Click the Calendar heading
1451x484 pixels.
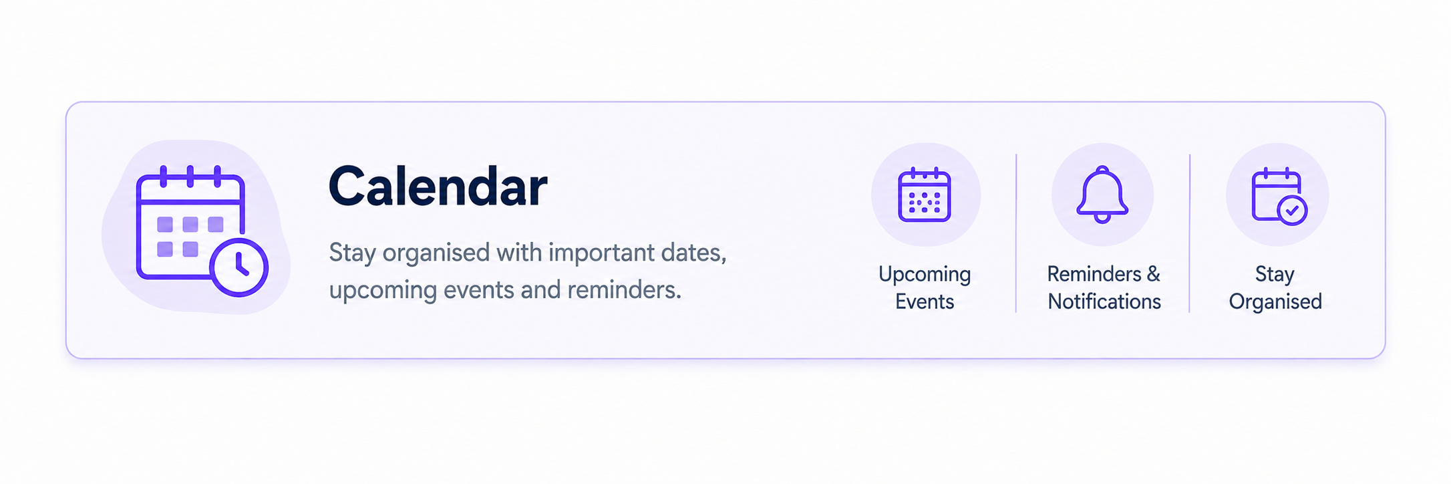[x=438, y=187]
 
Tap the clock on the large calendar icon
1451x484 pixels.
[x=239, y=267]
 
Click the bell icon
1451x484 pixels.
[x=1102, y=195]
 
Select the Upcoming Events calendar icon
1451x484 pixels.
[x=925, y=195]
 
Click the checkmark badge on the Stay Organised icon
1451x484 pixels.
[x=1292, y=211]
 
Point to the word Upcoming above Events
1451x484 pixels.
[x=925, y=275]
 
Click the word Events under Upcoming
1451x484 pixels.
[x=925, y=301]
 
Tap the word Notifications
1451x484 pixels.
[x=1104, y=301]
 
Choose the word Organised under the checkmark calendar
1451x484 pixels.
[x=1275, y=302]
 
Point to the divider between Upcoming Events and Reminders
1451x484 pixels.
[x=1016, y=233]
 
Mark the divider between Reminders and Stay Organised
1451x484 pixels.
[x=1190, y=233]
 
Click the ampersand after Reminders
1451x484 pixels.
[x=1154, y=274]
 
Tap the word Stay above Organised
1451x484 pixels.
[x=1275, y=274]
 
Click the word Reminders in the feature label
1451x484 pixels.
[x=1094, y=274]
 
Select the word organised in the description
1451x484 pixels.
[x=436, y=253]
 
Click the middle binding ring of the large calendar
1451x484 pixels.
[x=190, y=176]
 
